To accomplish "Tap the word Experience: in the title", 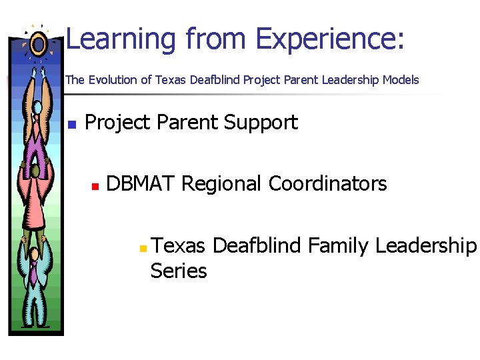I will [329, 39].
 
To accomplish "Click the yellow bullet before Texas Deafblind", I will [142, 249].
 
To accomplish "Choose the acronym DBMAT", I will [141, 183].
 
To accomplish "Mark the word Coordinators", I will [327, 183].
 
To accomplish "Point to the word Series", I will [179, 271].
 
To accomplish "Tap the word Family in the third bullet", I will [338, 247].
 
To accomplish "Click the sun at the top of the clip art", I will [37, 44].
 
